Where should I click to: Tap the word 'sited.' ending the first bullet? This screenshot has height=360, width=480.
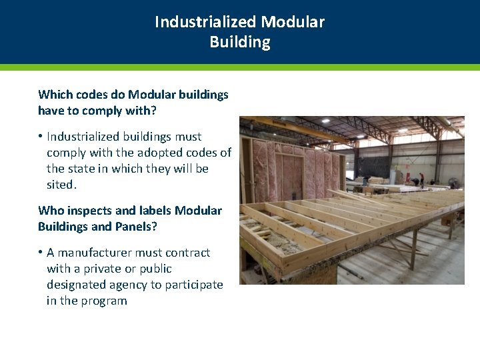(61, 185)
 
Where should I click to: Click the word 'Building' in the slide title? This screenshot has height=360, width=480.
(239, 42)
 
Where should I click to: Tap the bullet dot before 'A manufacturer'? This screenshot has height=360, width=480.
(41, 253)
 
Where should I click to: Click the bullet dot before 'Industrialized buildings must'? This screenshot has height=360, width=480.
(41, 137)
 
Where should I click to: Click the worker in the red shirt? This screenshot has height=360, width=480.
(421, 178)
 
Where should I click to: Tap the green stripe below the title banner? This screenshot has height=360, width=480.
(240, 67)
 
